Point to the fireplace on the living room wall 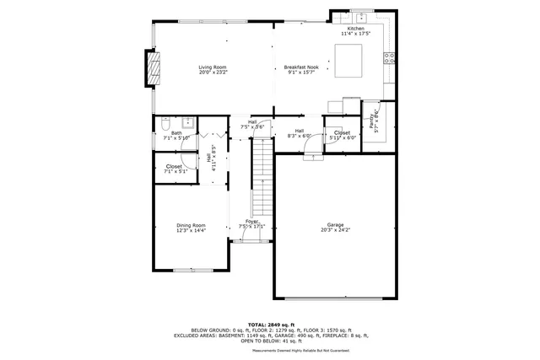tap(154, 67)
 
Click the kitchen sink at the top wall tap(360, 17)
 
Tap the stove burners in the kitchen tap(390, 58)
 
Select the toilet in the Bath tap(165, 121)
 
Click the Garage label tap(336, 225)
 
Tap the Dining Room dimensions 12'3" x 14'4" tap(191, 230)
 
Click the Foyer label tap(251, 222)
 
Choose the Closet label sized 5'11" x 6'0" tap(342, 135)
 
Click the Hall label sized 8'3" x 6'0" tap(300, 133)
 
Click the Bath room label tap(176, 132)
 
